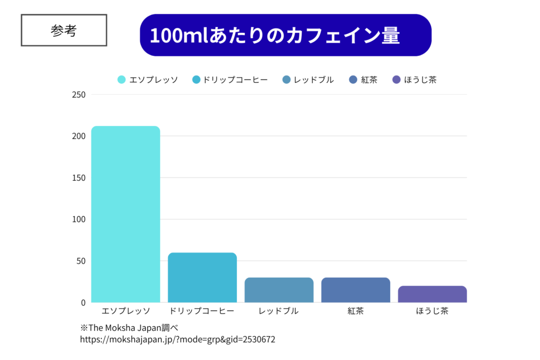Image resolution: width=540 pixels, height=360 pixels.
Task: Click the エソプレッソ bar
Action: tap(126, 214)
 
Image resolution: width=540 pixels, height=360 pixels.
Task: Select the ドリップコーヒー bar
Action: tap(202, 277)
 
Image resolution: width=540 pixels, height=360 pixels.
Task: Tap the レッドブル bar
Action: tap(279, 290)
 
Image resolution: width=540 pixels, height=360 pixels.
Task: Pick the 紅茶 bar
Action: tap(355, 290)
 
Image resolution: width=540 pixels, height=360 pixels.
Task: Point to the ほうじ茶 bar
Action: tap(432, 294)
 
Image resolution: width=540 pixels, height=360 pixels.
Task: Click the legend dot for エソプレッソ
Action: tap(121, 80)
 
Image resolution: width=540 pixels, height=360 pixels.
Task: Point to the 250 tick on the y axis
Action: tap(79, 95)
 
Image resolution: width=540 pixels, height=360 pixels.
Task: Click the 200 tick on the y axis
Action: tap(79, 137)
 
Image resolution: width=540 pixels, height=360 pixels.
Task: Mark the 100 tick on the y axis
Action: tap(79, 219)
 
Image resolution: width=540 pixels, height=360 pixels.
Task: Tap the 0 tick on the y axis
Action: tap(82, 303)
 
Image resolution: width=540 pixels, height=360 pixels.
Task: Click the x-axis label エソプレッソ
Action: tap(126, 311)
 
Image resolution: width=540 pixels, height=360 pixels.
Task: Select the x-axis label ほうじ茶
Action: tap(432, 311)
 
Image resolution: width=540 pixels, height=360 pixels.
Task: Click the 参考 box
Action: tap(64, 31)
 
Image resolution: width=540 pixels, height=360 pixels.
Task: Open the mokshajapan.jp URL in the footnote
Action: tap(177, 339)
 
